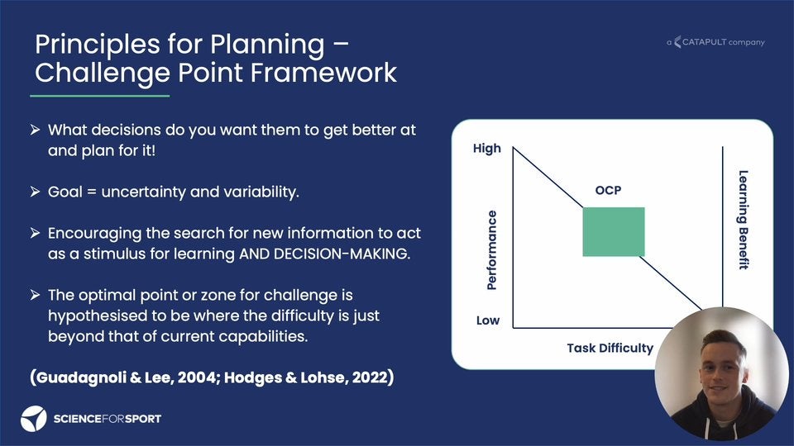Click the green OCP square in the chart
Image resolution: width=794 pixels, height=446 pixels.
(x=613, y=231)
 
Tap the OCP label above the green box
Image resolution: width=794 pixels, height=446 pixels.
(x=608, y=190)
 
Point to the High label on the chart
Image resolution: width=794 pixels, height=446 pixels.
(x=486, y=148)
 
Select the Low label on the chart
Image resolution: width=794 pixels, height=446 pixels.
(x=488, y=320)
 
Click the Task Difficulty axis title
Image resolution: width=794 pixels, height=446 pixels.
(x=610, y=348)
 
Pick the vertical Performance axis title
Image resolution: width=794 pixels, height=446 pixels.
(x=491, y=249)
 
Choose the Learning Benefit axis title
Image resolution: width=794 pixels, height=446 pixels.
(x=743, y=220)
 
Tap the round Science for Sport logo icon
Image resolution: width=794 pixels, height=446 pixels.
(x=33, y=419)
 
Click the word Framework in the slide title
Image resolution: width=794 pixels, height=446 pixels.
(x=323, y=73)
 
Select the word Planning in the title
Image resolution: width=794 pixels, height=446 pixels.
(x=267, y=45)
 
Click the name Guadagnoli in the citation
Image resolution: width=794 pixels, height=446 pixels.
(x=81, y=377)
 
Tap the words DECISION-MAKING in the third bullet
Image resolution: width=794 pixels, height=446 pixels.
(x=341, y=254)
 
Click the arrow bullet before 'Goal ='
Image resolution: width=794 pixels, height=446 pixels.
(x=35, y=192)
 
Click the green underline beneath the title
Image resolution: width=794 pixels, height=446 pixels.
(x=100, y=96)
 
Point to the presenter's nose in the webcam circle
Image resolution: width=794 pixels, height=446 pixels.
(x=720, y=375)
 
